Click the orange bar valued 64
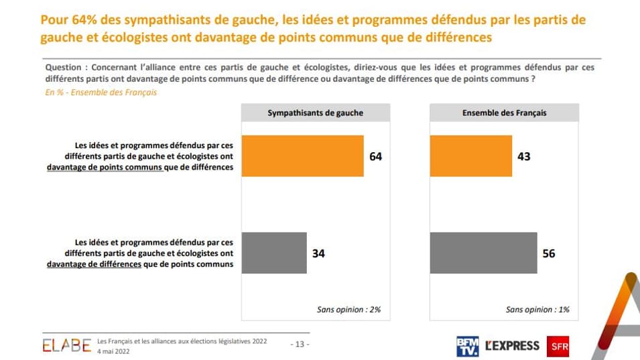(x=302, y=156)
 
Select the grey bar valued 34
(x=273, y=253)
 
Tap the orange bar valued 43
(x=470, y=156)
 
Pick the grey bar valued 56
(x=483, y=253)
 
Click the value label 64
(x=375, y=156)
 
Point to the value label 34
(x=318, y=253)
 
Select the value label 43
(x=523, y=156)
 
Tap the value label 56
(x=549, y=253)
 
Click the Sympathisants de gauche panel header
(x=315, y=113)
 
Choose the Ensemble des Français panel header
(x=504, y=113)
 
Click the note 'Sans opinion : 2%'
(x=348, y=310)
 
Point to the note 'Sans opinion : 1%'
(x=537, y=310)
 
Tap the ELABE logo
(x=66, y=345)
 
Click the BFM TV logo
(x=467, y=346)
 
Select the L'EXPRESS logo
(x=512, y=346)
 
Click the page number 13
(x=300, y=345)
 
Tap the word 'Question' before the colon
(x=63, y=68)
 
